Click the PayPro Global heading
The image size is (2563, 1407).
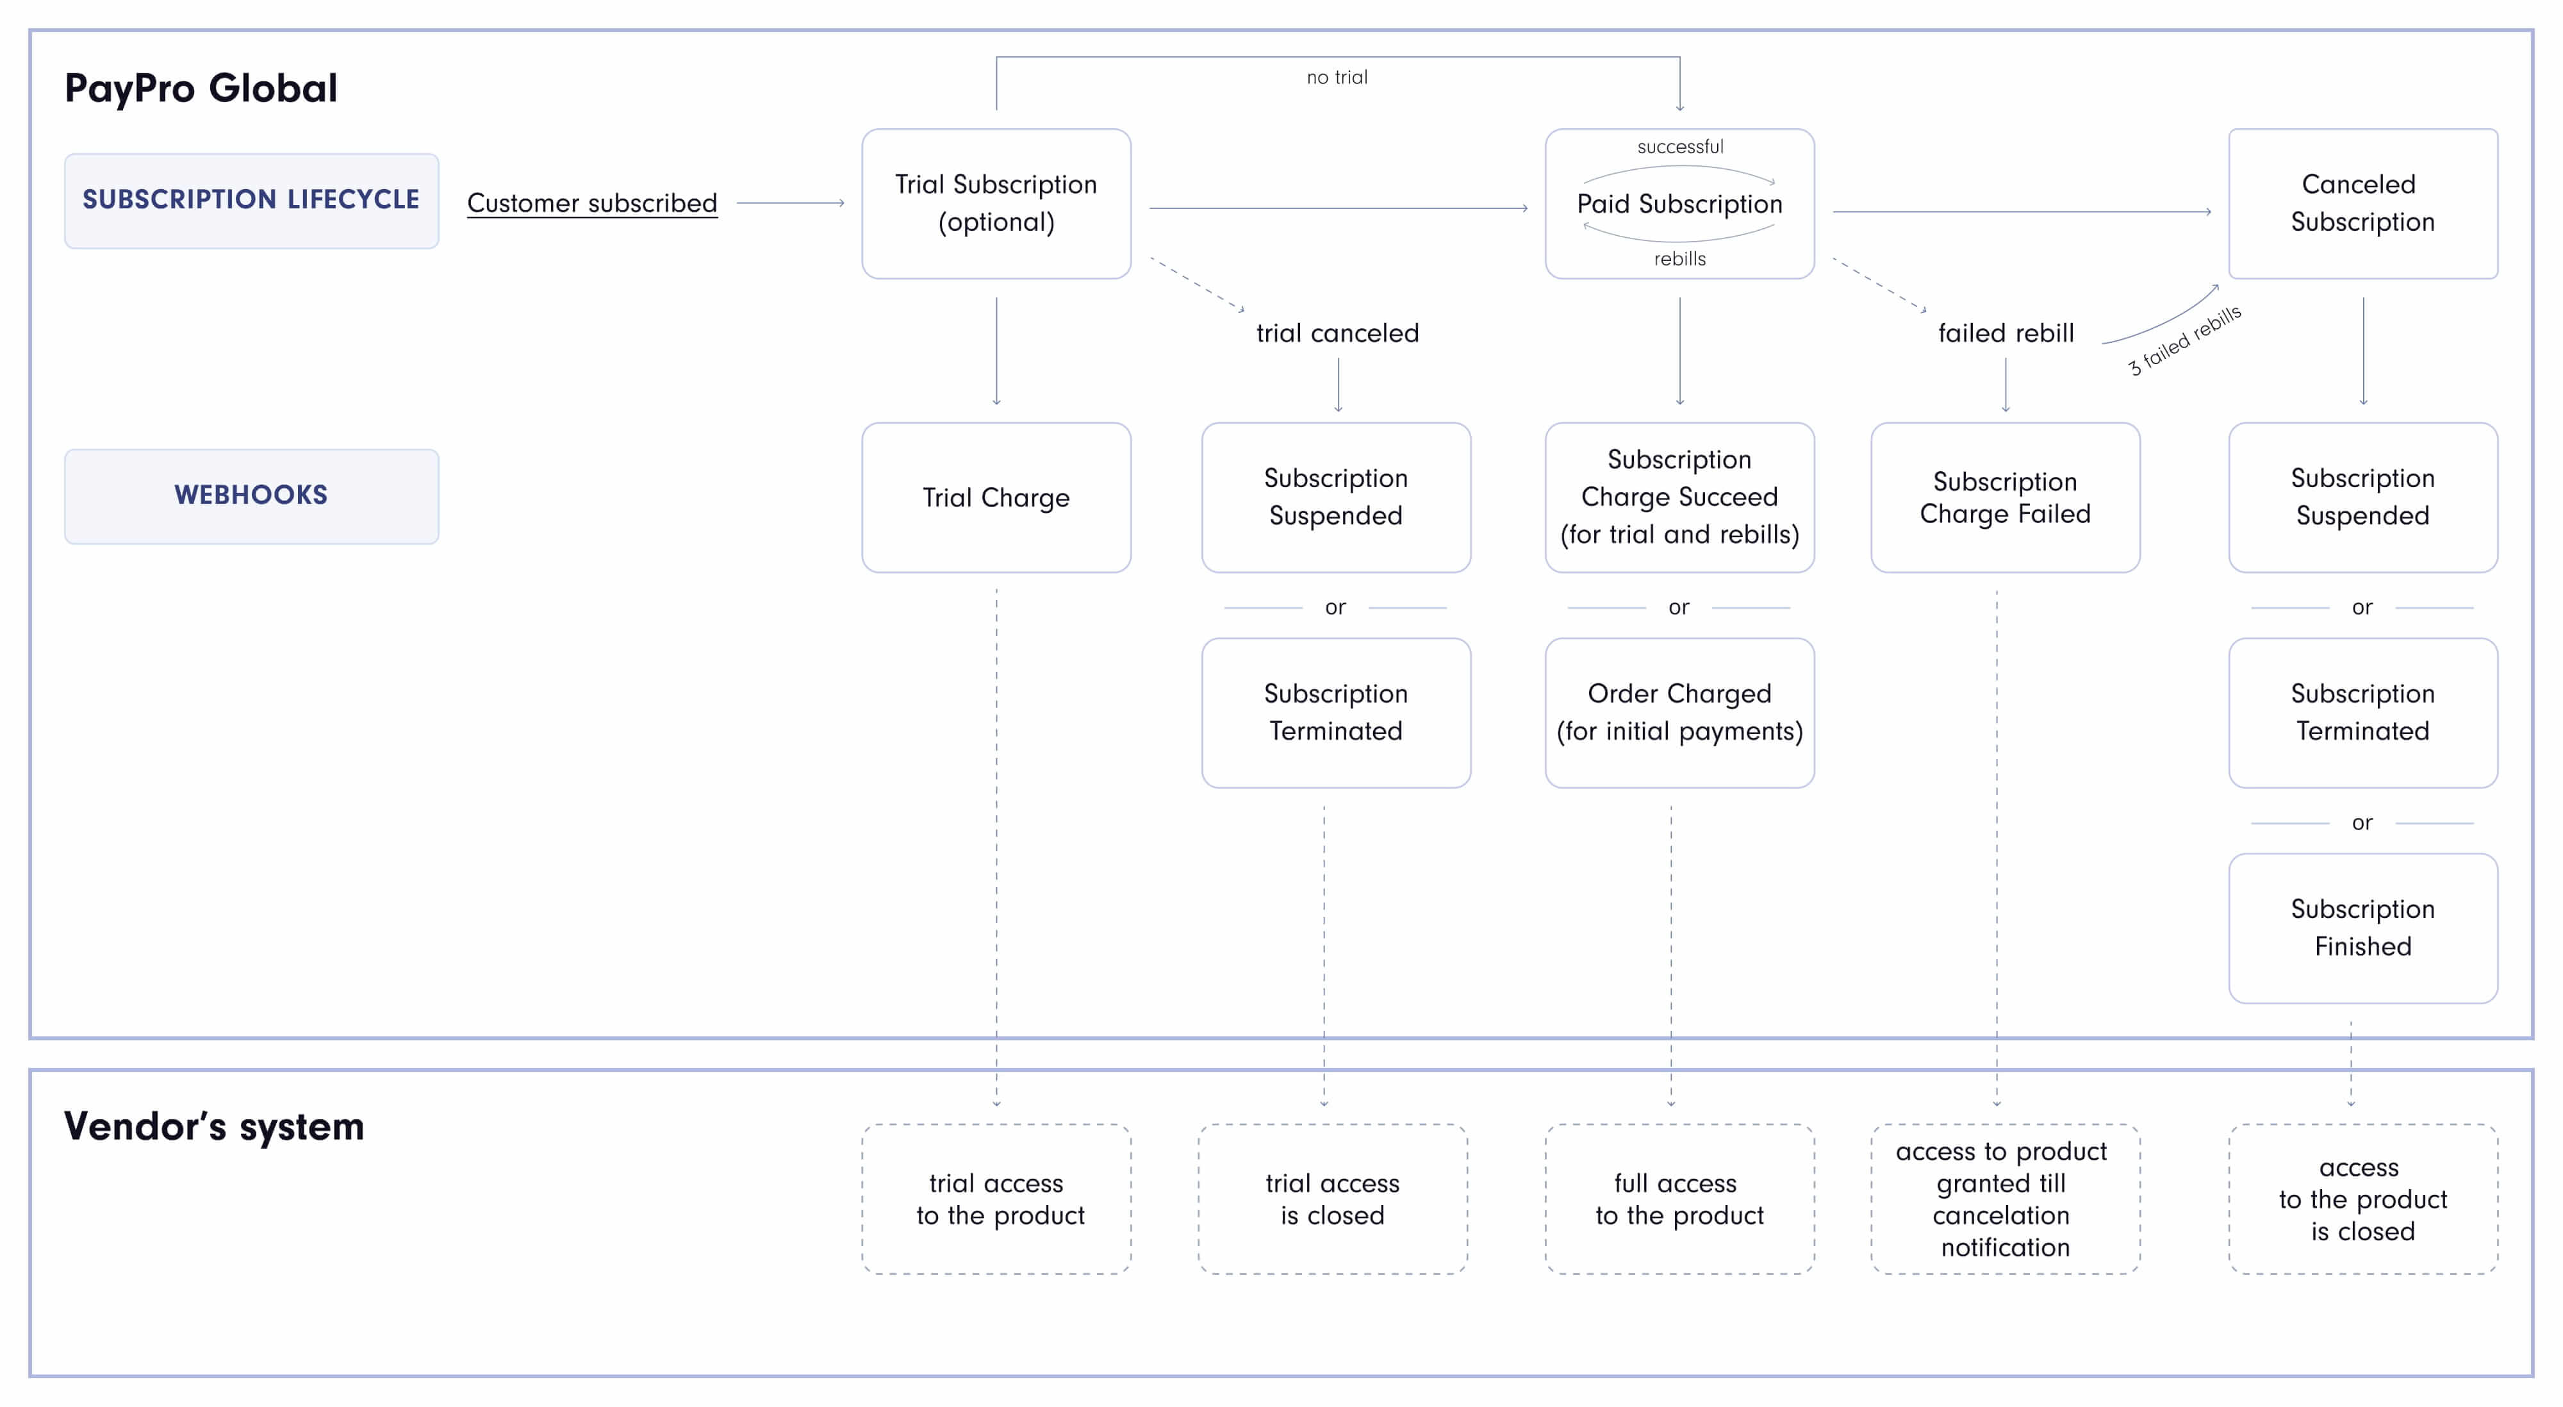(x=201, y=88)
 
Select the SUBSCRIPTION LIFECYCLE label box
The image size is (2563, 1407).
(x=251, y=200)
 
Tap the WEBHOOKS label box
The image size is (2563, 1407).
(x=251, y=495)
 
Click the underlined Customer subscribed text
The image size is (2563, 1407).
(x=592, y=203)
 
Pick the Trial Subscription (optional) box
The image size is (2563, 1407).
(x=996, y=203)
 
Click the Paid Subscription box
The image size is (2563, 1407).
(x=1679, y=204)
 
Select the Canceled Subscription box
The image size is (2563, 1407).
(x=2362, y=203)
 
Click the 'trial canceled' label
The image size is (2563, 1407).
(x=1337, y=333)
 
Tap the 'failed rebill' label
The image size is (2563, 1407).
(x=2006, y=333)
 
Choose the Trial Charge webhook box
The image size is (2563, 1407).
(x=996, y=497)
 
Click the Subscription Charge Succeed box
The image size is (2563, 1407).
(x=1679, y=497)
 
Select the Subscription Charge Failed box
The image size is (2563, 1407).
(x=2005, y=497)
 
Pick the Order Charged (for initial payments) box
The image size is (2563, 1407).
(x=1679, y=712)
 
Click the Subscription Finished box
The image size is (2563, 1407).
(x=2362, y=928)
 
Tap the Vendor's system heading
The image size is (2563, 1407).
(x=214, y=1126)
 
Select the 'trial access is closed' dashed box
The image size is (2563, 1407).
(x=1332, y=1199)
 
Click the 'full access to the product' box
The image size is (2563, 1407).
(x=1679, y=1199)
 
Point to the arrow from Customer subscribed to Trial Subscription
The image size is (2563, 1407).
(x=790, y=203)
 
